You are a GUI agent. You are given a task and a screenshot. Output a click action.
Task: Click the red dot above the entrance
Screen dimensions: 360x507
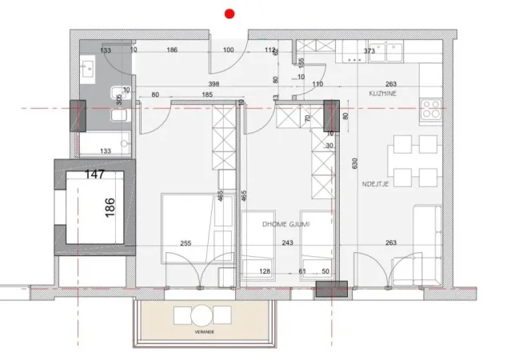(230, 13)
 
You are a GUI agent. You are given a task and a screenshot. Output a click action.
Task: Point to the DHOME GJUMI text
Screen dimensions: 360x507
(285, 225)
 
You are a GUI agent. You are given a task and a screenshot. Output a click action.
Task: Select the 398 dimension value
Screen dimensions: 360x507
(213, 83)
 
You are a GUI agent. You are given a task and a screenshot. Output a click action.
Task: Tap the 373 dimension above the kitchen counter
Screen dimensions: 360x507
(369, 51)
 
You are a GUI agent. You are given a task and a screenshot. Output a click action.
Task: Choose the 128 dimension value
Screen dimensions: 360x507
(265, 272)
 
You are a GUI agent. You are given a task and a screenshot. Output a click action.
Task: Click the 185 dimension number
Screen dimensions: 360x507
(206, 94)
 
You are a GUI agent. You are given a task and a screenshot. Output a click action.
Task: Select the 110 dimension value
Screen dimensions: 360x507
(317, 83)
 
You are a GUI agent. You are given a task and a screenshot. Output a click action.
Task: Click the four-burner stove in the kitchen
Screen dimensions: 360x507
(431, 109)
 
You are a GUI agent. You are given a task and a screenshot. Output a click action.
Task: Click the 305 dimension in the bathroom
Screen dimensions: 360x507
(119, 99)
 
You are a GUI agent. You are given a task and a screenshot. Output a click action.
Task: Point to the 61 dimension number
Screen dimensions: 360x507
(303, 272)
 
